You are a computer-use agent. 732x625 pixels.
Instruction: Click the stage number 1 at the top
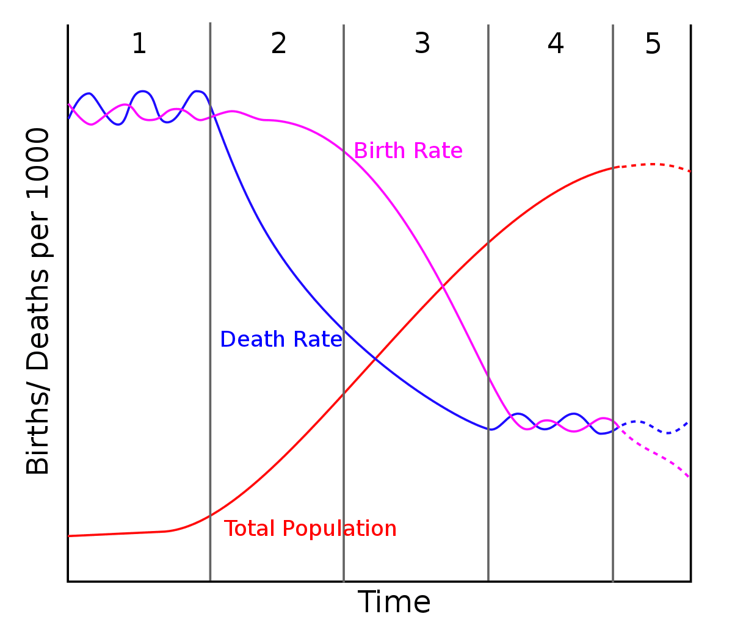point(139,44)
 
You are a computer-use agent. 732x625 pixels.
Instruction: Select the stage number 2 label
point(278,44)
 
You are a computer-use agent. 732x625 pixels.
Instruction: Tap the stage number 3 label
point(422,44)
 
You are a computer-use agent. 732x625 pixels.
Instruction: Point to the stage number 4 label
point(556,44)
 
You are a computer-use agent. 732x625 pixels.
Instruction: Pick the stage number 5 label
point(653,44)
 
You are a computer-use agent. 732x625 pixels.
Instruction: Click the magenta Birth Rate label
point(408,150)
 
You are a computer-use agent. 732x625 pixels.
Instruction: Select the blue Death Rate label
point(281,339)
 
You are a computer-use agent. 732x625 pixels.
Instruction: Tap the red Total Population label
point(310,528)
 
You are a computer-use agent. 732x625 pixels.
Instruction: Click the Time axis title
point(394,602)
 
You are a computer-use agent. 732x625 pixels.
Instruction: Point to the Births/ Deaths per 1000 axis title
point(38,302)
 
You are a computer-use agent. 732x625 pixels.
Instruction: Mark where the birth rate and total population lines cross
point(442,284)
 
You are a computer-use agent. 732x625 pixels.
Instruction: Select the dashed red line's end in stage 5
point(690,172)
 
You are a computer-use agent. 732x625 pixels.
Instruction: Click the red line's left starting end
point(69,535)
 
